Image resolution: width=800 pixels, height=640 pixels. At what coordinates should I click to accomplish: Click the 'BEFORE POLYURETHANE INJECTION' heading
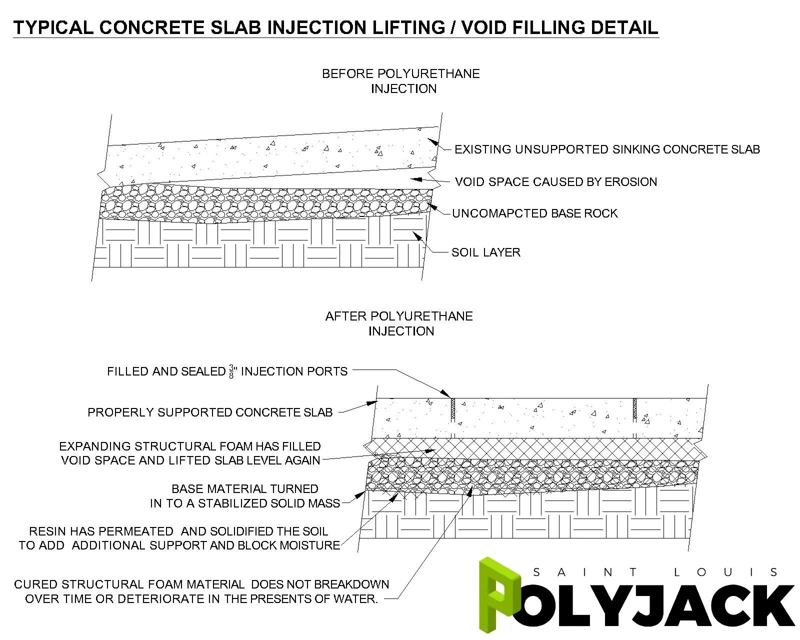pos(401,81)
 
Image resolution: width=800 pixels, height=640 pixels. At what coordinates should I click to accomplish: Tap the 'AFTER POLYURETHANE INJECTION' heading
pos(399,323)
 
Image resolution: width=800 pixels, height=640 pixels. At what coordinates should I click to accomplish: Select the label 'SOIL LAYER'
pos(485,252)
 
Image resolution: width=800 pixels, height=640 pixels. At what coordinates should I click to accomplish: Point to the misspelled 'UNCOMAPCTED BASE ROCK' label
pos(534,213)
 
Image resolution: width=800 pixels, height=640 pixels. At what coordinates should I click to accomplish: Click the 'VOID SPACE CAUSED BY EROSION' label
pos(555,181)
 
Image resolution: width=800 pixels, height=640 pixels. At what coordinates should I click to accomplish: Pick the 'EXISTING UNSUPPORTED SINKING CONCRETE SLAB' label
pos(607,149)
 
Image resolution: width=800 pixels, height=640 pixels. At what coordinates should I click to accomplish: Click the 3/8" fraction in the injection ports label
pos(232,371)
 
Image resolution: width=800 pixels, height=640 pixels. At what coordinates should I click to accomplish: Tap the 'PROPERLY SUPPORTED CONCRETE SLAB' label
pos(210,412)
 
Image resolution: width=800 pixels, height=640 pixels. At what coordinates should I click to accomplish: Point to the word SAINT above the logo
pos(585,572)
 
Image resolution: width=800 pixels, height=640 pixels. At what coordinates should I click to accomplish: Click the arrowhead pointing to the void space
pos(414,178)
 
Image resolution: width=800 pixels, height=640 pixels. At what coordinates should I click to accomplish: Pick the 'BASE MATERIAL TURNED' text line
pos(245,488)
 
